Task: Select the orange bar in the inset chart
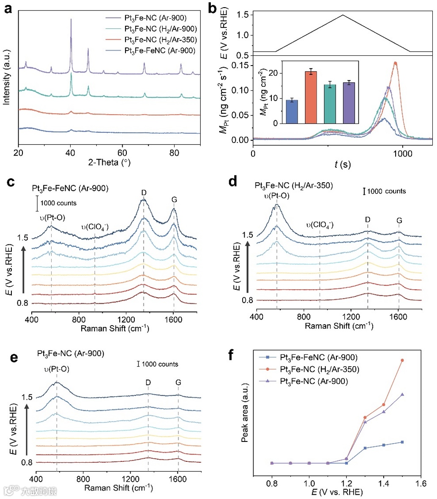pyautogui.click(x=311, y=97)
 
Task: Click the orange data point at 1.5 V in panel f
pyautogui.click(x=402, y=360)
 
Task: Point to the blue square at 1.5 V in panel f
pyautogui.click(x=402, y=442)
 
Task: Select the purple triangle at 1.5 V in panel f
pyautogui.click(x=402, y=394)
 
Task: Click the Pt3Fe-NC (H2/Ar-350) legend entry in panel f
pyautogui.click(x=320, y=370)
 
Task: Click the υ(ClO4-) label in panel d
pyautogui.click(x=320, y=224)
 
